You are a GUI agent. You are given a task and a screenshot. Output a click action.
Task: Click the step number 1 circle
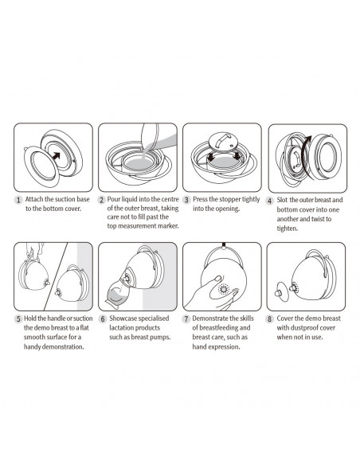point(18,200)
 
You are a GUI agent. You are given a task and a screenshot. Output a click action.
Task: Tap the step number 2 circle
point(102,200)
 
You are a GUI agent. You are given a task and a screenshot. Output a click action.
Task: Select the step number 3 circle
point(186,200)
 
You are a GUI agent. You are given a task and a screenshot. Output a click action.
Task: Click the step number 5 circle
point(18,318)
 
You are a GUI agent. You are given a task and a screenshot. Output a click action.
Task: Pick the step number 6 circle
point(102,318)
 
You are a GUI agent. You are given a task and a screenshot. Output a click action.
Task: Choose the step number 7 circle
point(186,318)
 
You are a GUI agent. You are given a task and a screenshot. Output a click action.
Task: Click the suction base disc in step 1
point(34,165)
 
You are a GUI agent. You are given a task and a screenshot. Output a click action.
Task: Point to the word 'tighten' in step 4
point(286,228)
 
